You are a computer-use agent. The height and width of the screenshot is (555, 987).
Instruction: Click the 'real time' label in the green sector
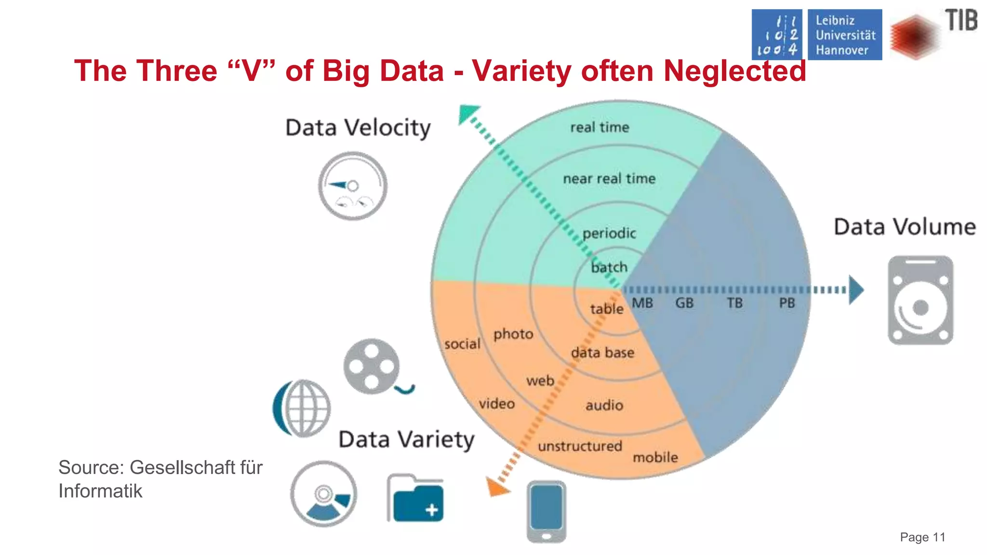coord(600,127)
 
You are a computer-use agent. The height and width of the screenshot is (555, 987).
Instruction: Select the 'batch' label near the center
coord(609,267)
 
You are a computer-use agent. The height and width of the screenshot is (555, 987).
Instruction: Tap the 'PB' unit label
coord(787,303)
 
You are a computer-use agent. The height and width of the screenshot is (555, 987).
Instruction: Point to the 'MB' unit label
coord(642,303)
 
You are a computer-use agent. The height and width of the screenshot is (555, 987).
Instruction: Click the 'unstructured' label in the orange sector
coord(580,446)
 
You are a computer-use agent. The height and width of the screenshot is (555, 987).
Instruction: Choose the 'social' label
coord(462,344)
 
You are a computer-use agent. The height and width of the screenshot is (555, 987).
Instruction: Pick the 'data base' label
coord(602,353)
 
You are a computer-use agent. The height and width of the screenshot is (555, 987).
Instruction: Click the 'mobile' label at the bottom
coord(655,457)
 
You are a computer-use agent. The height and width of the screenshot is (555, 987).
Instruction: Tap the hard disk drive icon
coord(920,301)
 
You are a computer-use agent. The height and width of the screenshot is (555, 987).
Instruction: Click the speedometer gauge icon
coord(353,186)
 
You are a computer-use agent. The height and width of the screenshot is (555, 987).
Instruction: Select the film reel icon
coord(372,367)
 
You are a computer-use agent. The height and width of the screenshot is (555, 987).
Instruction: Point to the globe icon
coord(303,408)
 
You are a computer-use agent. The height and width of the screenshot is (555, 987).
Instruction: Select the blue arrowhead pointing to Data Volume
coord(855,290)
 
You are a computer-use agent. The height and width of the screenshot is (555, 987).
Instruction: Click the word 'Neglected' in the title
coord(734,71)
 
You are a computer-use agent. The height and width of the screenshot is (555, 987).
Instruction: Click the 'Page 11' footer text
coord(922,537)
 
